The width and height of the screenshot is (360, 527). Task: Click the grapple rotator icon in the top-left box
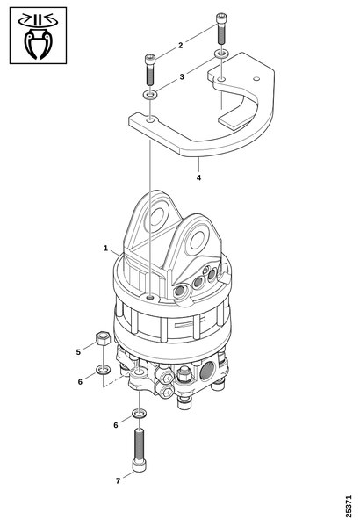tap(38, 36)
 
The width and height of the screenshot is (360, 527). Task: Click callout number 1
tap(105, 248)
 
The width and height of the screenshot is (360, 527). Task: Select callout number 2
tap(181, 45)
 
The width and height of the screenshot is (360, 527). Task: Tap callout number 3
tap(182, 77)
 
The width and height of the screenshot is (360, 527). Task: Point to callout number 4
tap(198, 177)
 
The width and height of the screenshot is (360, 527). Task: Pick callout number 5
tap(78, 352)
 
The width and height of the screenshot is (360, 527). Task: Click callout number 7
tap(118, 481)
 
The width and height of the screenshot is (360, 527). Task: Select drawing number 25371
tap(349, 506)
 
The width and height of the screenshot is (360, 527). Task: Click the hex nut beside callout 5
tap(103, 338)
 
